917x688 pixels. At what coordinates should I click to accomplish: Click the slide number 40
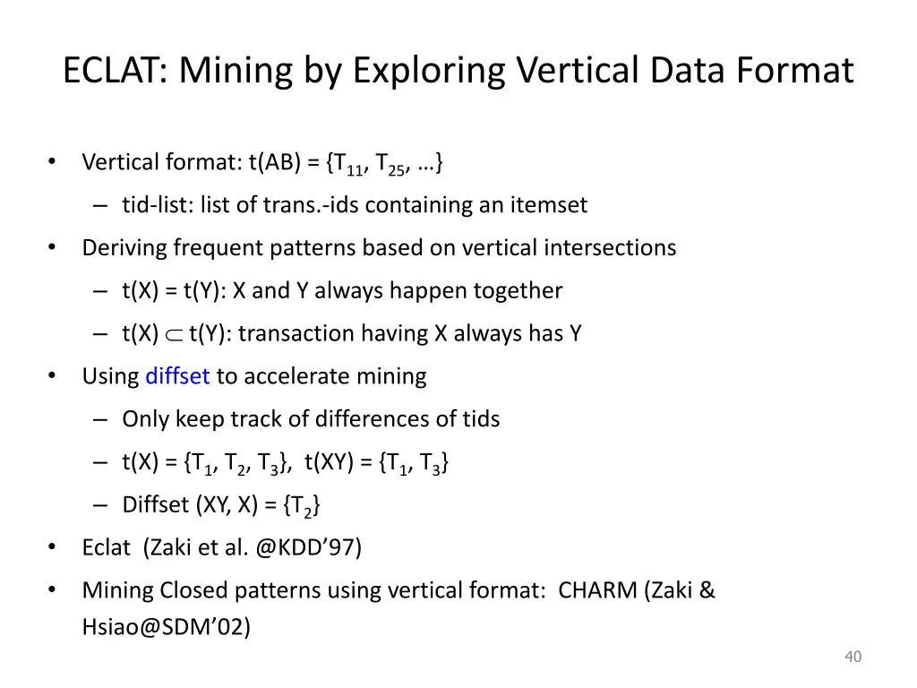[853, 658]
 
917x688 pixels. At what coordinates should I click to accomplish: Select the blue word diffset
[177, 376]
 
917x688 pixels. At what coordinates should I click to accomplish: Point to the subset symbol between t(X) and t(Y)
[174, 334]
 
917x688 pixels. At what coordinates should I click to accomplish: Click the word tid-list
[150, 205]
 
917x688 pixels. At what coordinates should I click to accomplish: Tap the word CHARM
[596, 590]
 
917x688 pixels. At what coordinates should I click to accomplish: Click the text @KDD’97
[308, 547]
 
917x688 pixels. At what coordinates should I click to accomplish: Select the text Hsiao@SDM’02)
[166, 627]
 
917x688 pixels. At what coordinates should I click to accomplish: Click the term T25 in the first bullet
[390, 164]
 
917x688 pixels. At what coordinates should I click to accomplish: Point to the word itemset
[548, 205]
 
